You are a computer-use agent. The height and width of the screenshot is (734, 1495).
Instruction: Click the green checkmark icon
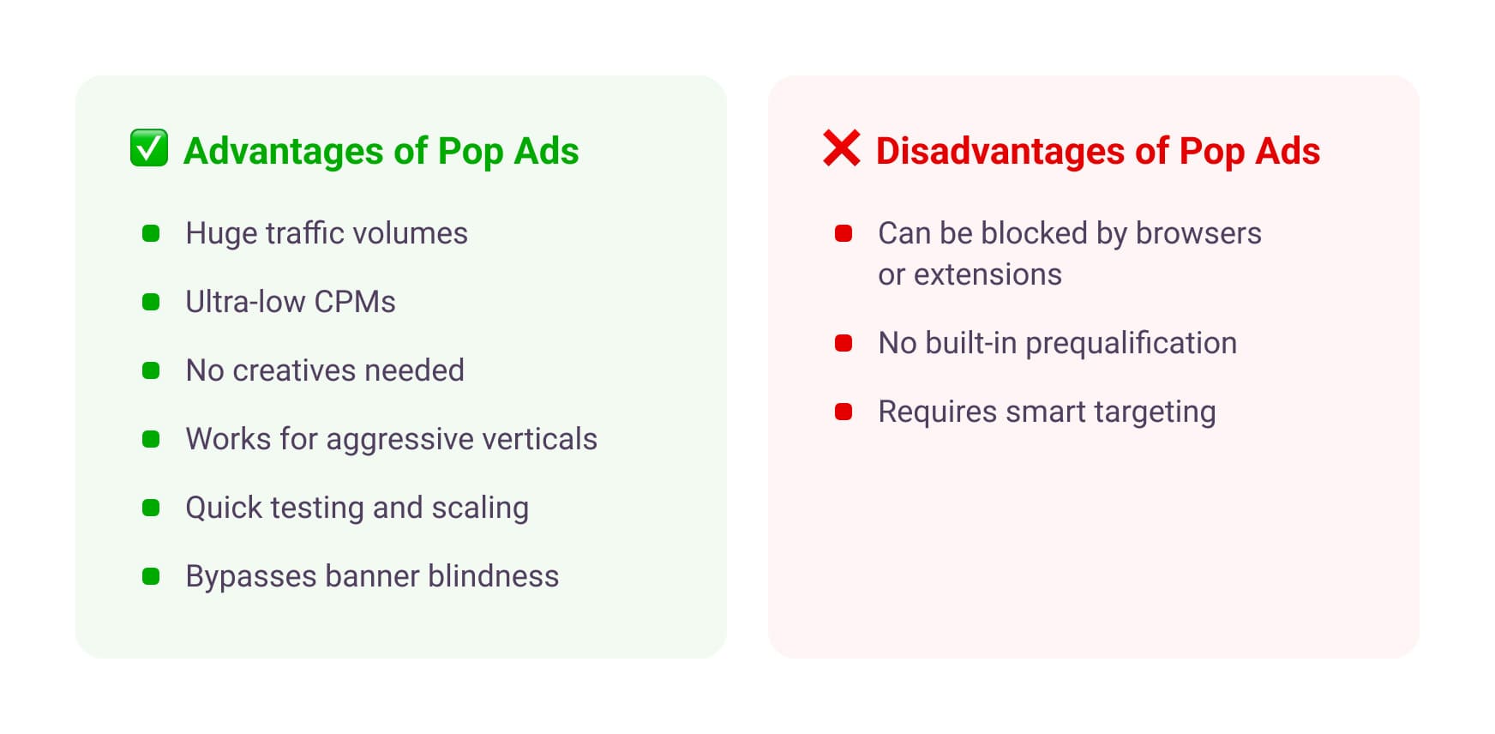[x=149, y=148]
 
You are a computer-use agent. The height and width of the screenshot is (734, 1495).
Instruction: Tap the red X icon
[x=841, y=148]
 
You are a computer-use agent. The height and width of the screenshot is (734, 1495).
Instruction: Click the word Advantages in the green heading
[x=283, y=151]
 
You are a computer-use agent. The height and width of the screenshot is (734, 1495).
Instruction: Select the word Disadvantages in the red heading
[x=1000, y=151]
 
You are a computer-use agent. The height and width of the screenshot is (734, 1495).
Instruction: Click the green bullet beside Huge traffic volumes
[x=151, y=233]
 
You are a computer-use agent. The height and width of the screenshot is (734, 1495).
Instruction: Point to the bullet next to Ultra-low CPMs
[x=151, y=302]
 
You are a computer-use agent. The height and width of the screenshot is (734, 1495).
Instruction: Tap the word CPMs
[x=354, y=302]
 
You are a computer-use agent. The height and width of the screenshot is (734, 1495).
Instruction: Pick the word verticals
[x=539, y=439]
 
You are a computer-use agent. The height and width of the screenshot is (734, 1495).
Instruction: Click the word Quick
[x=224, y=508]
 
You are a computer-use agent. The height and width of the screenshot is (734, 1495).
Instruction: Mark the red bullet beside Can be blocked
[x=844, y=233]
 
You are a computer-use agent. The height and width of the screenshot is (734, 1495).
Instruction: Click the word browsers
[x=1198, y=233]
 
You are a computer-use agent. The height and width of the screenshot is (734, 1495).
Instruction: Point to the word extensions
[x=988, y=274]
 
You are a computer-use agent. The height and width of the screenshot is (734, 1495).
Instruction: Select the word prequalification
[x=1131, y=344]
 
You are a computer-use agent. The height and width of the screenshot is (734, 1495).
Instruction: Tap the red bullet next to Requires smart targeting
[x=844, y=412]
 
